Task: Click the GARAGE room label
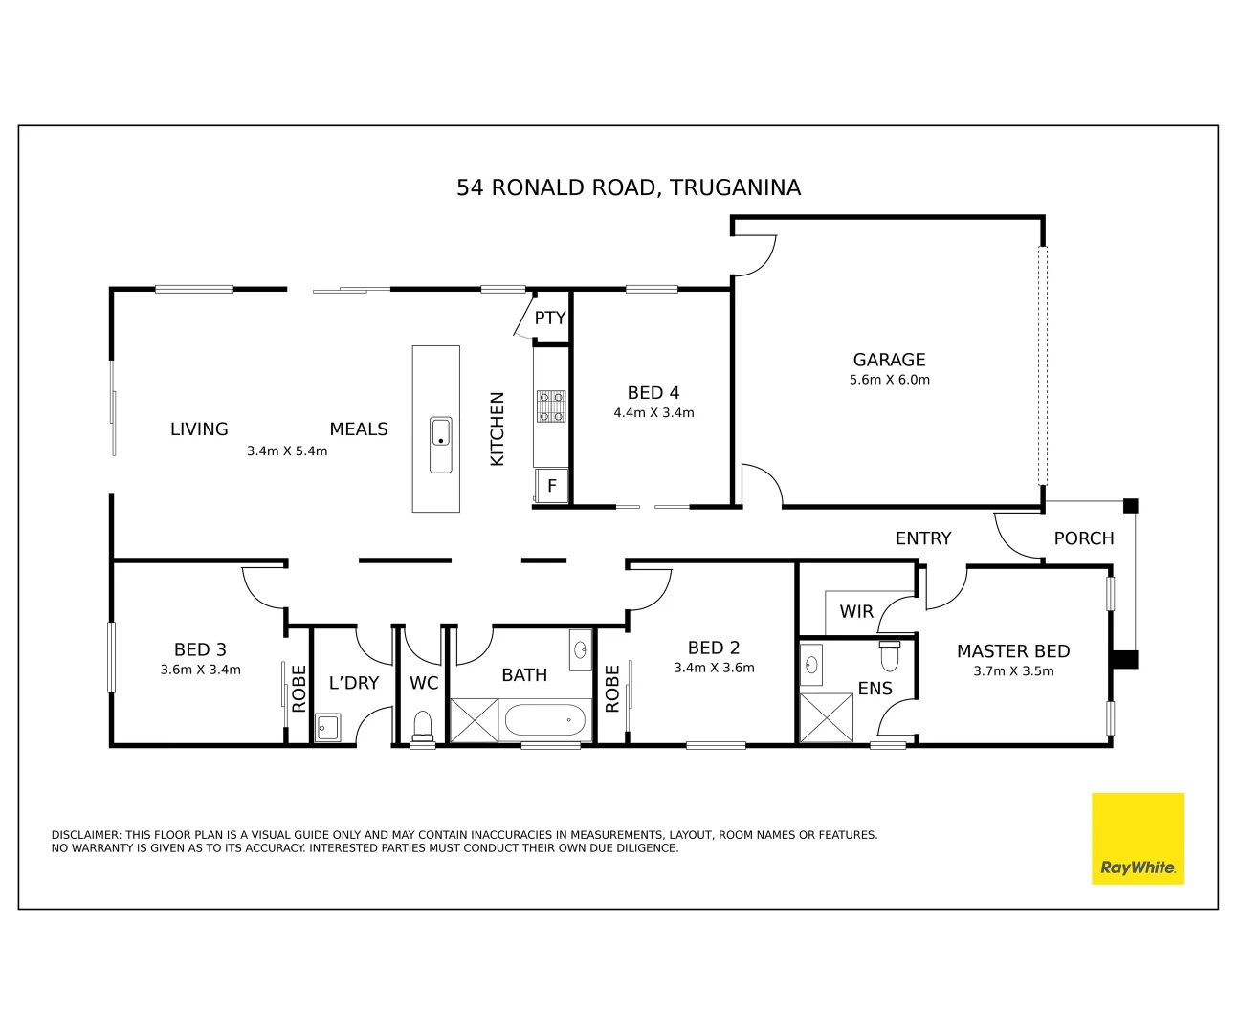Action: click(889, 360)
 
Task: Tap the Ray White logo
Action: click(1137, 839)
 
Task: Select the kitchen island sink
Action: click(440, 444)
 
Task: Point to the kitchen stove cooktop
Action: click(551, 406)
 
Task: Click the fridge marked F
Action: click(552, 486)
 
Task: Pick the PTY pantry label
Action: click(550, 318)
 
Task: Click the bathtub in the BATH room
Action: click(543, 720)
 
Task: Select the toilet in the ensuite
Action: click(889, 656)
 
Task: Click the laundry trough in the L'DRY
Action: click(327, 727)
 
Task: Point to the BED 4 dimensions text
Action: click(653, 413)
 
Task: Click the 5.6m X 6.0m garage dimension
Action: click(889, 380)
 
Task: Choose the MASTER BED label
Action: click(1013, 651)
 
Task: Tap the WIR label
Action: click(856, 611)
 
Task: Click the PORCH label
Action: click(1083, 538)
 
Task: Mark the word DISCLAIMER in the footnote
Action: click(86, 835)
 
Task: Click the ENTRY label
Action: click(923, 538)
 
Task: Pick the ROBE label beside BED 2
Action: click(612, 689)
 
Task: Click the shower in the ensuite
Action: click(826, 717)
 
